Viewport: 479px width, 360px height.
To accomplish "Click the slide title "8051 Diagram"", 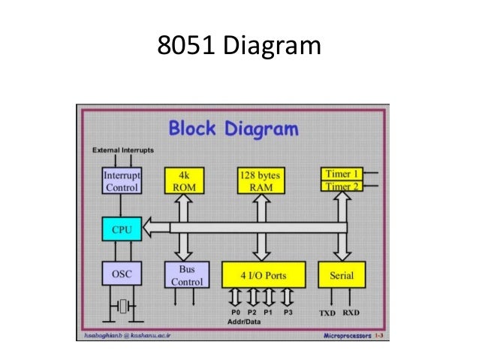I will (239, 47).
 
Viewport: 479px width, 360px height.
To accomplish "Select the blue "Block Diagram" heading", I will (233, 129).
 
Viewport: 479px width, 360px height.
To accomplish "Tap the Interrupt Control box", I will (121, 180).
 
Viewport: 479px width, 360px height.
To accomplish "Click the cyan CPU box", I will (121, 228).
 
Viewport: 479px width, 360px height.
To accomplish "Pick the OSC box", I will (121, 275).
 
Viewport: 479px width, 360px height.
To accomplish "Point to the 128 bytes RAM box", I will (261, 180).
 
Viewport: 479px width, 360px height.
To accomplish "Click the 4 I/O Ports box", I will (264, 275).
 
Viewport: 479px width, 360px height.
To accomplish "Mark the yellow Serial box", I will (342, 275).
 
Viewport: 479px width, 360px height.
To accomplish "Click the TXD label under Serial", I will (327, 311).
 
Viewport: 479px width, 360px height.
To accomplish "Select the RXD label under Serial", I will (351, 311).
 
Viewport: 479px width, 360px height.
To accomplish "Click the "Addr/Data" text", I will (240, 320).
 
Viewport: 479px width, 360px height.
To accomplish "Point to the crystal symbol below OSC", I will (122, 306).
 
